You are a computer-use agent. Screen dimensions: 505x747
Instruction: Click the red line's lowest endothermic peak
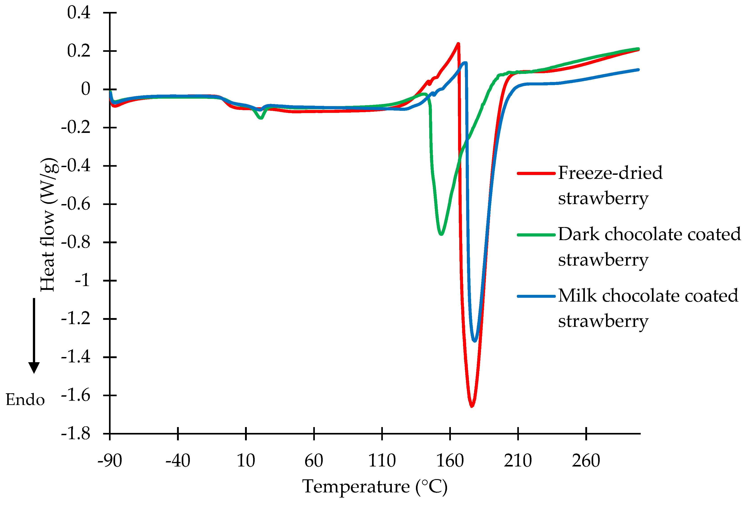click(x=472, y=406)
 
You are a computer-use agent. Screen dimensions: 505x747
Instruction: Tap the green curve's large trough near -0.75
click(x=441, y=234)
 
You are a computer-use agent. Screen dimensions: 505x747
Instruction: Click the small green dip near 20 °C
click(x=261, y=118)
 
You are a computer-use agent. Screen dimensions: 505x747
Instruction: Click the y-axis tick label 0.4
click(x=79, y=13)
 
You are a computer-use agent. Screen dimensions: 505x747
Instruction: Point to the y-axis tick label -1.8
click(x=76, y=434)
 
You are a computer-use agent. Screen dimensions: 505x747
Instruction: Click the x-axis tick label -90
click(x=110, y=461)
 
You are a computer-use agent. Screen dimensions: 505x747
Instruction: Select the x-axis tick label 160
click(x=450, y=461)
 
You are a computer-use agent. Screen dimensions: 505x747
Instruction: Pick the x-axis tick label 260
click(x=586, y=461)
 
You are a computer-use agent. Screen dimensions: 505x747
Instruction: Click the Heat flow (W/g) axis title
click(x=48, y=225)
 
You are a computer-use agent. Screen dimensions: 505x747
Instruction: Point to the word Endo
click(x=25, y=400)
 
